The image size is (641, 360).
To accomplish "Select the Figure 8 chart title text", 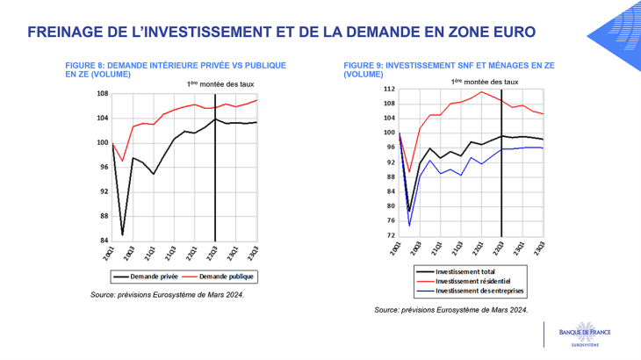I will pos(176,69).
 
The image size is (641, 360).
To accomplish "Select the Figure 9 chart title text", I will pos(450,69).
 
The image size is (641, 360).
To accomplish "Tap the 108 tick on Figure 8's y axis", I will pos(103,94).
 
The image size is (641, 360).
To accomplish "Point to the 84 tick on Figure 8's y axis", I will pos(104,241).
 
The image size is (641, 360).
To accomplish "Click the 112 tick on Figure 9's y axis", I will pos(389,89).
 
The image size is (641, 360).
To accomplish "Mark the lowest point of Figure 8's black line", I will pos(122,234).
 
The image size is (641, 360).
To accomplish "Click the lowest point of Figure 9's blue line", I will pos(409,227).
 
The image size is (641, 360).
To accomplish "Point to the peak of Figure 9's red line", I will pos(481,91).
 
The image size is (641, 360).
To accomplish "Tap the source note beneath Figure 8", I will pos(167,295).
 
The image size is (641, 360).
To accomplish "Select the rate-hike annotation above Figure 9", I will pos(484,81).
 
